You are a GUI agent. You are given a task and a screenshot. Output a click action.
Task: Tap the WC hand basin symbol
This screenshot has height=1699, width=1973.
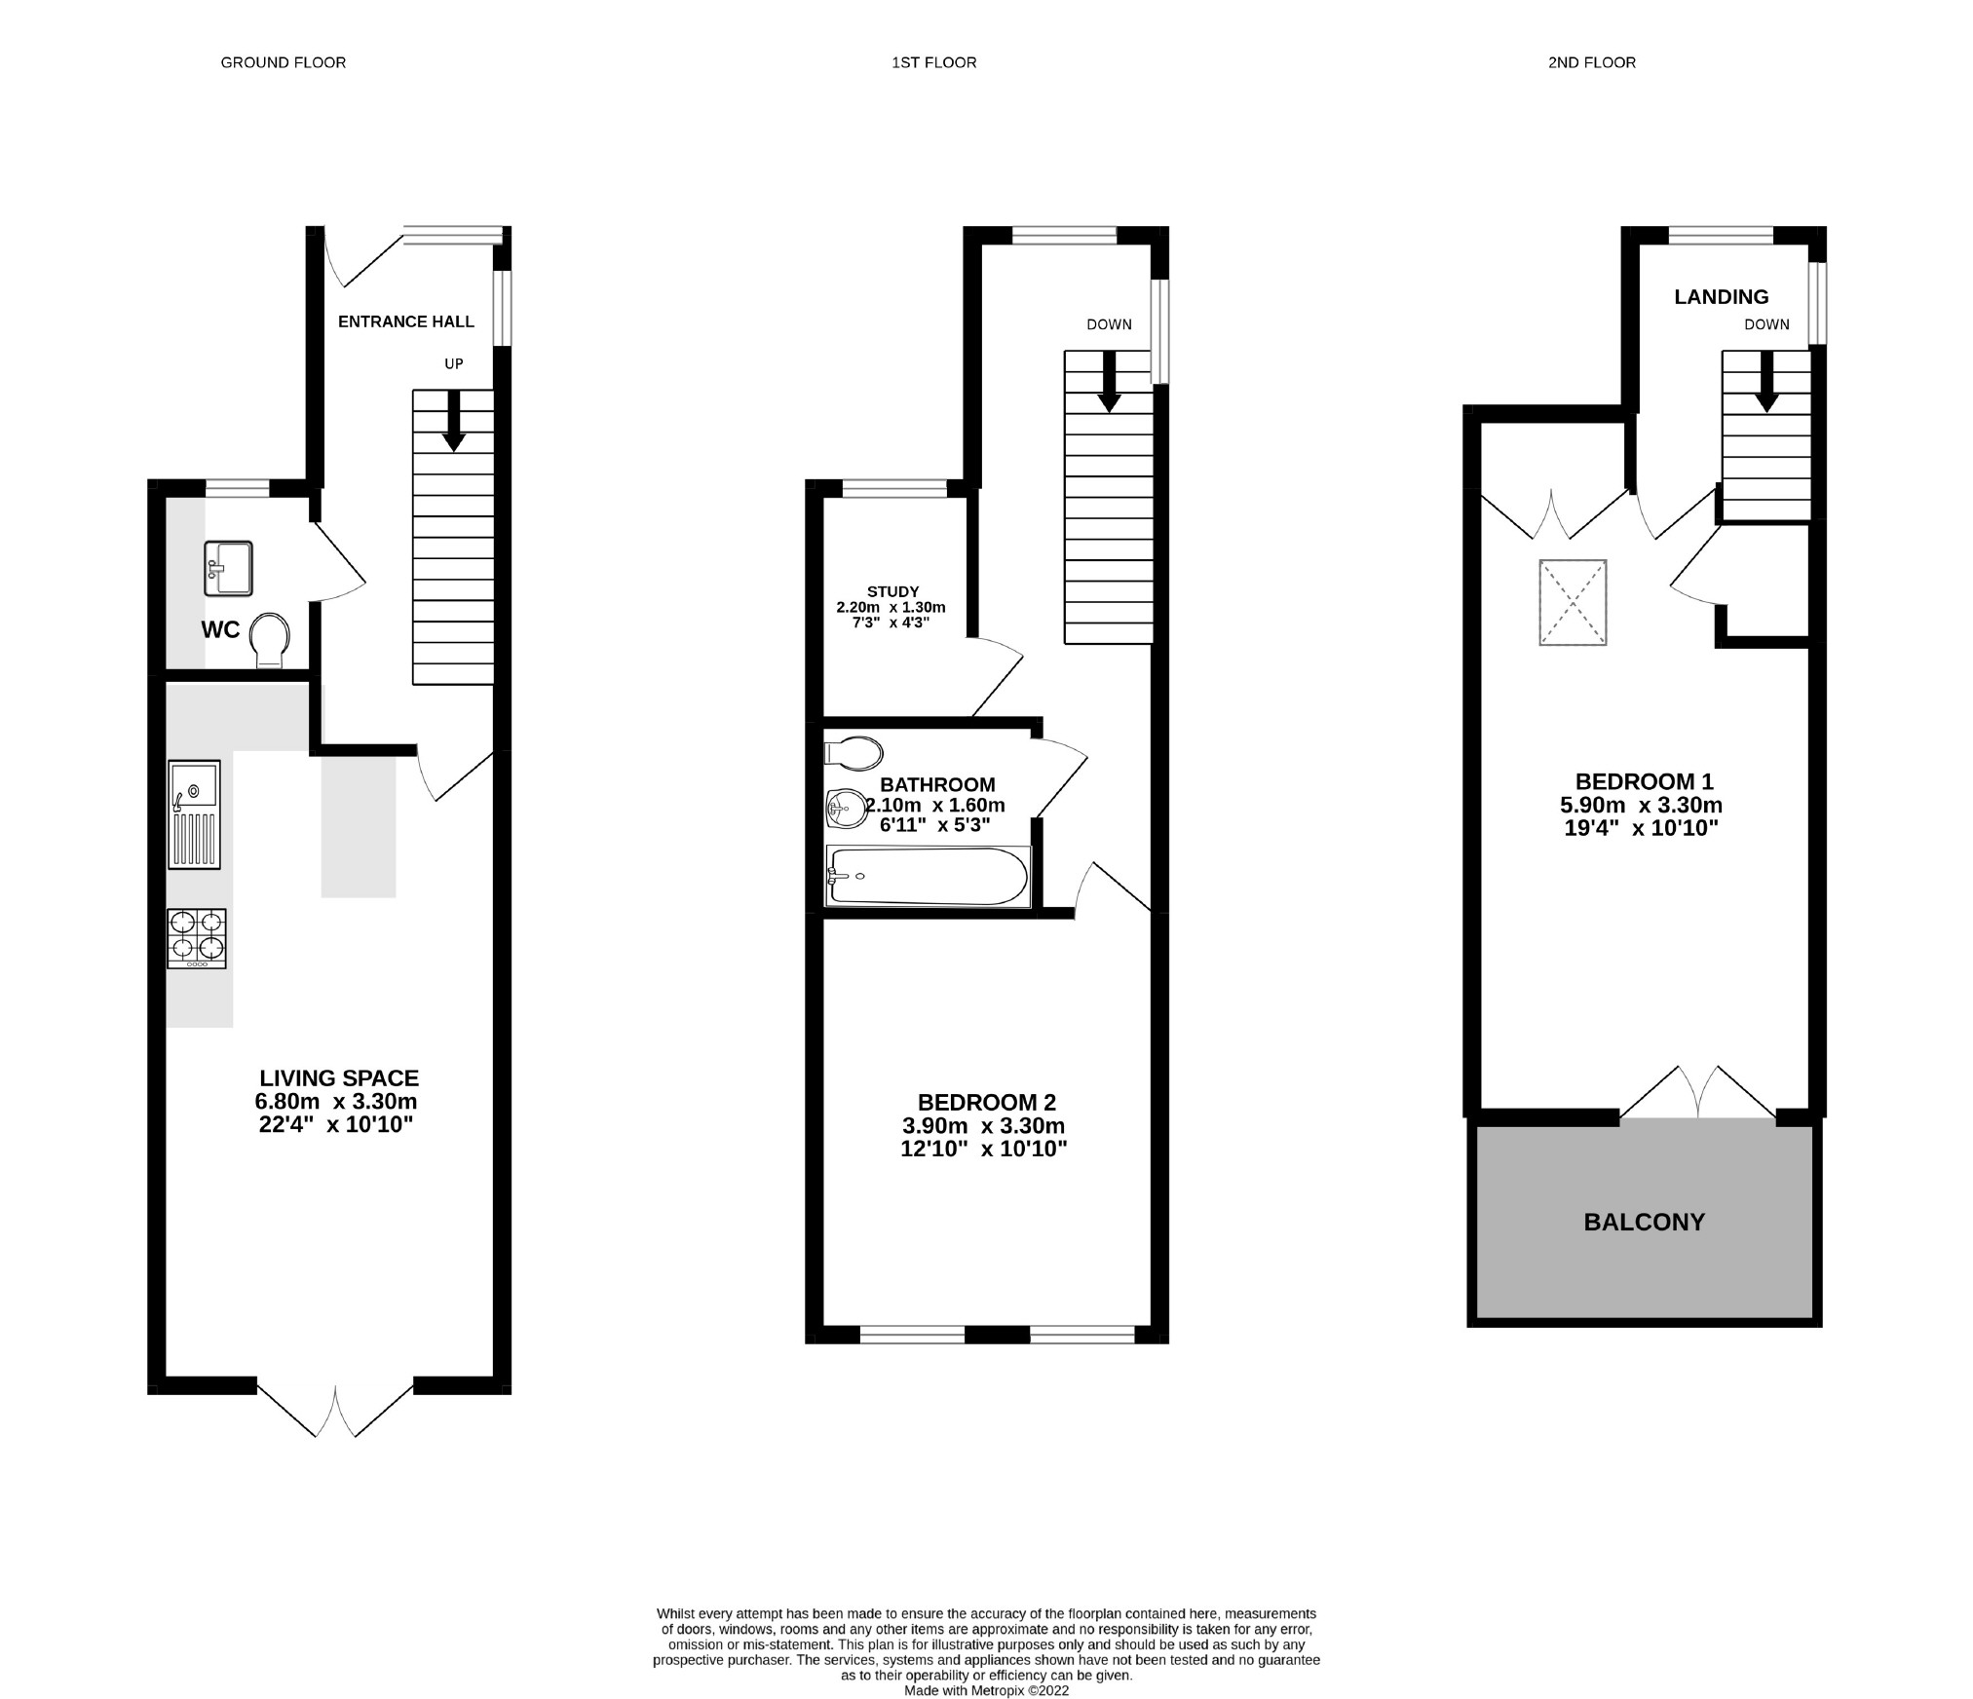228,568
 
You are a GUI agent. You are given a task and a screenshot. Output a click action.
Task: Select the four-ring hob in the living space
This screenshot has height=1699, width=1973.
197,937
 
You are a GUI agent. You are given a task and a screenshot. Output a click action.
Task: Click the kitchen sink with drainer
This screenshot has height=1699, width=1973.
195,814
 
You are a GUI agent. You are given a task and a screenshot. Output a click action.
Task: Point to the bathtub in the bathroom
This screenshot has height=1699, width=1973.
928,876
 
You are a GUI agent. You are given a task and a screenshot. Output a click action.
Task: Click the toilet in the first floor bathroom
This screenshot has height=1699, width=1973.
854,753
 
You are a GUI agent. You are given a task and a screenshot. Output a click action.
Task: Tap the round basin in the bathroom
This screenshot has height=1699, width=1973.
847,809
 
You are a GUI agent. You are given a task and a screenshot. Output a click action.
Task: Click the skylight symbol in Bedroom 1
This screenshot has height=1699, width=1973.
1572,602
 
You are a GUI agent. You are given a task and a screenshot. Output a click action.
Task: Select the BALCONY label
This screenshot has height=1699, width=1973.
1644,1222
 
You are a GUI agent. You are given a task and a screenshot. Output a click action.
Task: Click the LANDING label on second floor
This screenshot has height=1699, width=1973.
1721,297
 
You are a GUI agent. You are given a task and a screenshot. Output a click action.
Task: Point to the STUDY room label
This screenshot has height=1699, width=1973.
892,591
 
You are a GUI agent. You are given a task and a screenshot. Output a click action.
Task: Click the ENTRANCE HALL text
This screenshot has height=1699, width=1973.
405,321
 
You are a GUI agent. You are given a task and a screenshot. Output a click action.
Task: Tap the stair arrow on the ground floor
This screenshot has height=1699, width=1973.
453,422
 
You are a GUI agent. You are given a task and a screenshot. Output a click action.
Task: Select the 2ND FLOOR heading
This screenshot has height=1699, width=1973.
1591,62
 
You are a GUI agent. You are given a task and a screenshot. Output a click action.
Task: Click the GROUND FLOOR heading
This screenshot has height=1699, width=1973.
283,62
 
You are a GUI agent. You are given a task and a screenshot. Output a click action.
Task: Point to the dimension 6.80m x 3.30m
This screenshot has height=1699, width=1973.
336,1102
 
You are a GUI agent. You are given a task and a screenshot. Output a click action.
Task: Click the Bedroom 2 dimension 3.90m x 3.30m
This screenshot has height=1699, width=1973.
984,1126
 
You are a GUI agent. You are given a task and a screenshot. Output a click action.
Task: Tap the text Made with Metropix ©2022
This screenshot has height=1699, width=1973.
986,1691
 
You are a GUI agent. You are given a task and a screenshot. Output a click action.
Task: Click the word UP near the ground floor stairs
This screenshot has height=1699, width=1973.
453,363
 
